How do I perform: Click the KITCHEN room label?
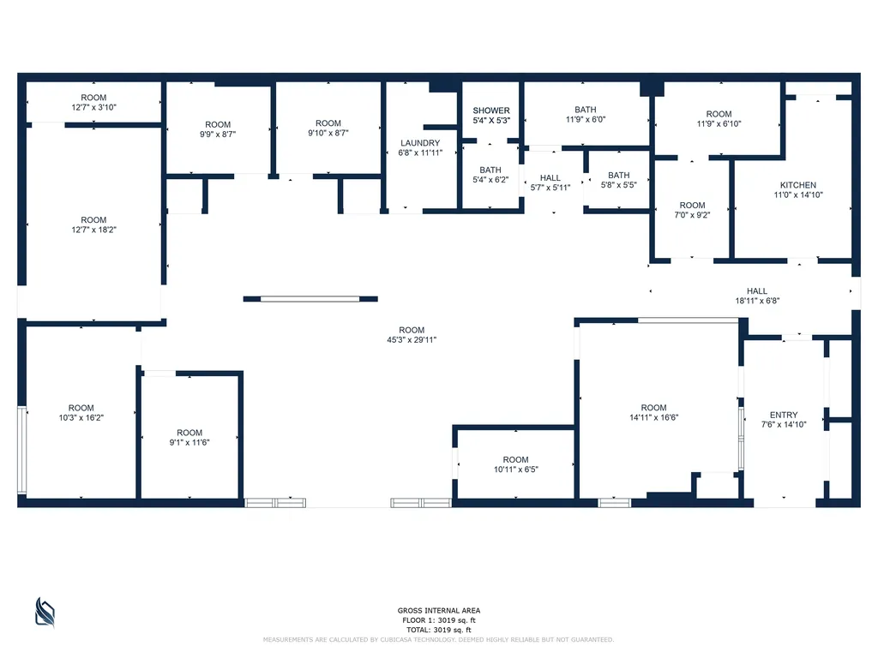798,185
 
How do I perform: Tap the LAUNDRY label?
420,143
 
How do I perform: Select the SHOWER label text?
491,111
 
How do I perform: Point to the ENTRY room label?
784,416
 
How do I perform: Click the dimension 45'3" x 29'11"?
412,339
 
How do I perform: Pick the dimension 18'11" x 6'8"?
757,301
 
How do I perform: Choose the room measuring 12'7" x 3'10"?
93,103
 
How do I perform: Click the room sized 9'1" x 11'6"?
189,437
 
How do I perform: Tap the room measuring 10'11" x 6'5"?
515,464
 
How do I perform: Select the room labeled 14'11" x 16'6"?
653,412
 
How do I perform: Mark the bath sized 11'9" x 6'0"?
586,114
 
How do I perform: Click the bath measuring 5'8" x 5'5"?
619,180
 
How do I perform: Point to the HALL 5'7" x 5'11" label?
550,182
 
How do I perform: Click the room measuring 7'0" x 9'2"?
692,210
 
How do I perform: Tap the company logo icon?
45,612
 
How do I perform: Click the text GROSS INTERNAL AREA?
439,610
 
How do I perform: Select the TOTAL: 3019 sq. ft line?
439,630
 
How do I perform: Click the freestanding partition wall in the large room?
310,299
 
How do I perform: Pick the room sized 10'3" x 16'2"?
81,412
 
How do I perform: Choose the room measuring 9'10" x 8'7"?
328,128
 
